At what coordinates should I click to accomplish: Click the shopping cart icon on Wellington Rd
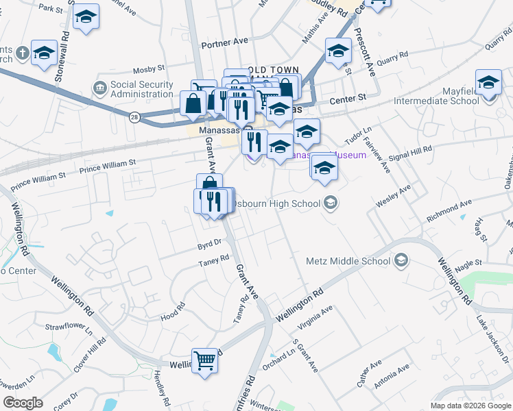coord(205,360)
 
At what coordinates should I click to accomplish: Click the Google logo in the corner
coord(23,403)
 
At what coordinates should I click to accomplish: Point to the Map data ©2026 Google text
coord(470,406)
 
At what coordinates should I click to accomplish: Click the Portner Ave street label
coord(224,42)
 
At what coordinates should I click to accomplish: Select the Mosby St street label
coord(149,69)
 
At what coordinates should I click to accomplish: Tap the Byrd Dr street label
coord(209,242)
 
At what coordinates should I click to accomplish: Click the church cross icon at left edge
coord(22,52)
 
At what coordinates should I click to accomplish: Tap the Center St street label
coord(348,99)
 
